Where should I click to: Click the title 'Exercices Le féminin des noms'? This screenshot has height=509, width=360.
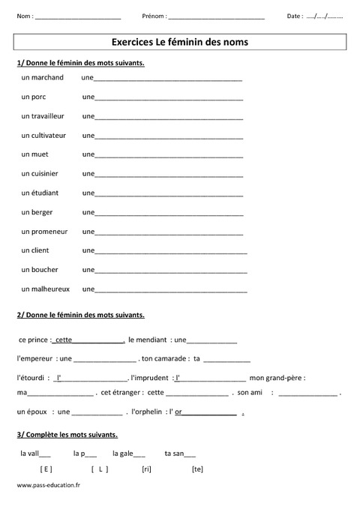pyautogui.click(x=179, y=43)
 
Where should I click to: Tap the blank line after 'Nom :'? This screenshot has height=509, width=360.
pyautogui.click(x=78, y=17)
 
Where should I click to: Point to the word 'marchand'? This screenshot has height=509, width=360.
pyautogui.click(x=48, y=77)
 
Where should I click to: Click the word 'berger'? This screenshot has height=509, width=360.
pyautogui.click(x=42, y=212)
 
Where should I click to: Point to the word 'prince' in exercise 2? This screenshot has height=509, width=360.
pyautogui.click(x=38, y=339)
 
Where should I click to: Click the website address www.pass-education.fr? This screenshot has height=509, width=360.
pyautogui.click(x=48, y=486)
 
